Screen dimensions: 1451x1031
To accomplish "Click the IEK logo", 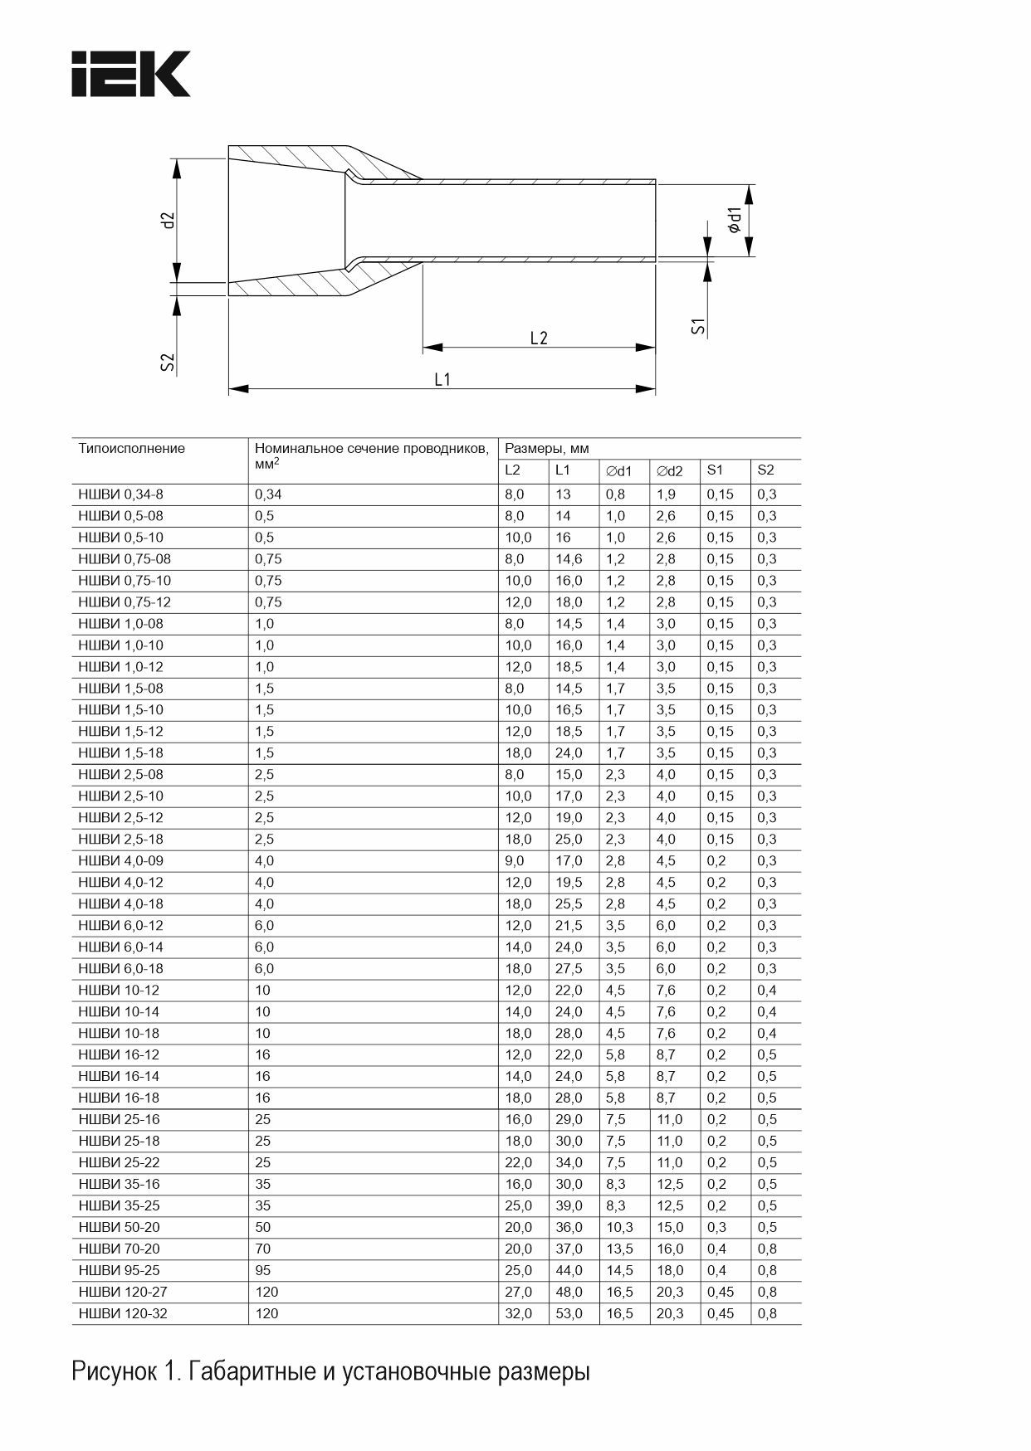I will click(x=131, y=74).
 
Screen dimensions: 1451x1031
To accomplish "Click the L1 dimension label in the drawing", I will click(x=442, y=379).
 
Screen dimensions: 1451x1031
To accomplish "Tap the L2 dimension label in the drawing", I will click(x=539, y=338).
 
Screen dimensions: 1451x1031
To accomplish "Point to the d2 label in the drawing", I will click(x=169, y=221).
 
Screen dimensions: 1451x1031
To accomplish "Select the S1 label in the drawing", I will click(x=699, y=326).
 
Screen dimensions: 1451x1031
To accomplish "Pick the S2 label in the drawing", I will click(x=168, y=362).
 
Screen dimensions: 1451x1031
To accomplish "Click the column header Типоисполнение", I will click(x=131, y=449).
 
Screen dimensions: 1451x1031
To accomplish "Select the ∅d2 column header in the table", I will click(x=669, y=471).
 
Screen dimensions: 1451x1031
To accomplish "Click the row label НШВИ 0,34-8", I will click(x=120, y=494).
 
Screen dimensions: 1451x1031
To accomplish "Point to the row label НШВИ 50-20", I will click(x=119, y=1227).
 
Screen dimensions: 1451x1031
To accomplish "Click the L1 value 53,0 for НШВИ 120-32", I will click(x=569, y=1313).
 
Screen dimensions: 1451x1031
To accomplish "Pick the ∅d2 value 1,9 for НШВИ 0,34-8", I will click(x=666, y=494).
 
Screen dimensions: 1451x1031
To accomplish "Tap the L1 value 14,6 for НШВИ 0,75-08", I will click(x=568, y=559).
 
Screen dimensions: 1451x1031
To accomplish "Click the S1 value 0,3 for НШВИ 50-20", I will click(x=716, y=1227).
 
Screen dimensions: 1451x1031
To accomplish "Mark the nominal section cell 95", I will click(x=263, y=1270).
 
